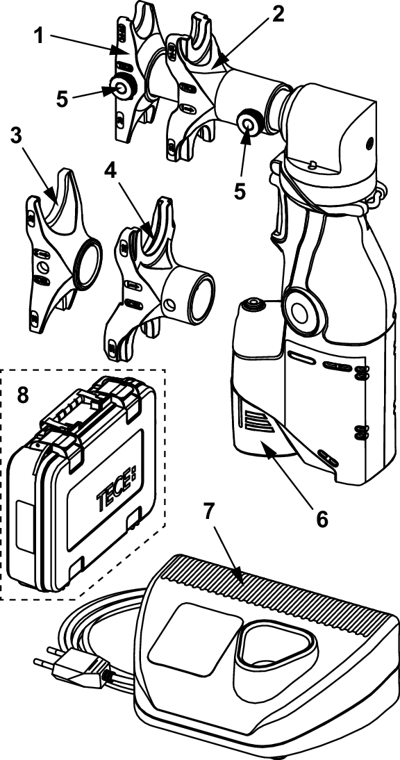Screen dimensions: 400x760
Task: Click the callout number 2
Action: [278, 15]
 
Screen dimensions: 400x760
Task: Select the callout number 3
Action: [17, 137]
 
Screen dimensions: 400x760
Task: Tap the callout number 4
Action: [111, 172]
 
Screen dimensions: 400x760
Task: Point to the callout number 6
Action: [321, 519]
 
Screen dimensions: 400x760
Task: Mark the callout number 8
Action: [23, 395]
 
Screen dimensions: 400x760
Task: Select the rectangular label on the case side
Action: [24, 527]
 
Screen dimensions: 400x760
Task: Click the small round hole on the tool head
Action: [369, 143]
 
